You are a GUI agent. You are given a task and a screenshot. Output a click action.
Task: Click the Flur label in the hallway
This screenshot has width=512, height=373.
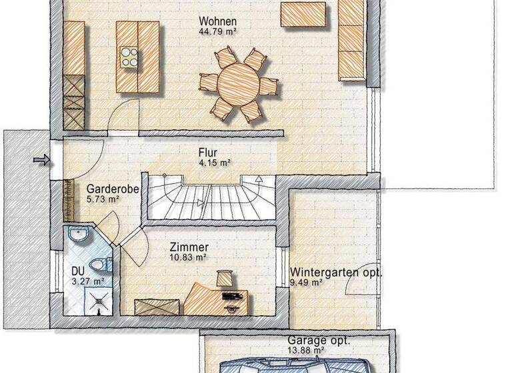pos(208,153)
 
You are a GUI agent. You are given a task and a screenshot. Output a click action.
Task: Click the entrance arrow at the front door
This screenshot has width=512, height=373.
pos(41,159)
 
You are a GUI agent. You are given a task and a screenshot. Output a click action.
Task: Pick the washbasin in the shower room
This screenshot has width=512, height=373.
pos(78,235)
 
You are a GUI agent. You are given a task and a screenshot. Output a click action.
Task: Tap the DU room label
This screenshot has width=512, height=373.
pos(78,272)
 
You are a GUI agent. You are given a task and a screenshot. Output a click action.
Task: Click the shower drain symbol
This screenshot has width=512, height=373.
pos(99,301)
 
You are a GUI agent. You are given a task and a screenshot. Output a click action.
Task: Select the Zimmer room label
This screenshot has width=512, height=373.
pos(185,246)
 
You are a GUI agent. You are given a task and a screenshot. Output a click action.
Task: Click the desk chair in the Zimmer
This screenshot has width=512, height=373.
pos(225,274)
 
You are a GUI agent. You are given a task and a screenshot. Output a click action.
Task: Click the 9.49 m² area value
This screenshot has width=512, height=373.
pos(307,282)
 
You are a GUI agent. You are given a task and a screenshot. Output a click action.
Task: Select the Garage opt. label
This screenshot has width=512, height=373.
pos(314,340)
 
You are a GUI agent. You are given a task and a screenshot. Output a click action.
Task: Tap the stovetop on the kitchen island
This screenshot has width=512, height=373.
pos(129,56)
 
